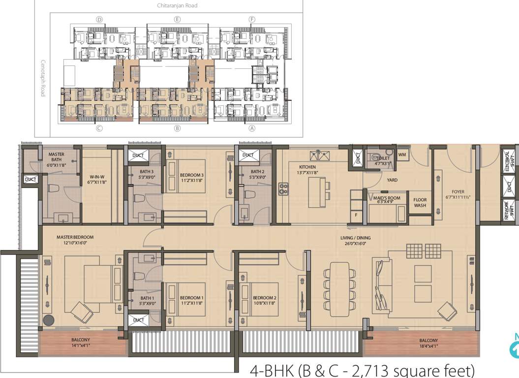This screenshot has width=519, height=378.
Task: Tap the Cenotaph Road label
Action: pos(43,78)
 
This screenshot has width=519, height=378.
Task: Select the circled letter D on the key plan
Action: pos(99,20)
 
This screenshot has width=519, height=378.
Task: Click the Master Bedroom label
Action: pos(75,240)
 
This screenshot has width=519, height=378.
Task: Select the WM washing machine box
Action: pos(402,155)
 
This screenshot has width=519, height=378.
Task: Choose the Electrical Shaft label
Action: pos(510,161)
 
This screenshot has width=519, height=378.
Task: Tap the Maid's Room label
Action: pos(386,199)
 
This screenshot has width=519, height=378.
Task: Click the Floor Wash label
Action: pos(420,202)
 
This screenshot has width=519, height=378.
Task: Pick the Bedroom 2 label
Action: pos(265,300)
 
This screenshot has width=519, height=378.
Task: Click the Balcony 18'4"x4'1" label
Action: pos(428,343)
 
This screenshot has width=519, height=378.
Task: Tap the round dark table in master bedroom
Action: pos(49,320)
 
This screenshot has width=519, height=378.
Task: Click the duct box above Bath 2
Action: pos(248,156)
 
